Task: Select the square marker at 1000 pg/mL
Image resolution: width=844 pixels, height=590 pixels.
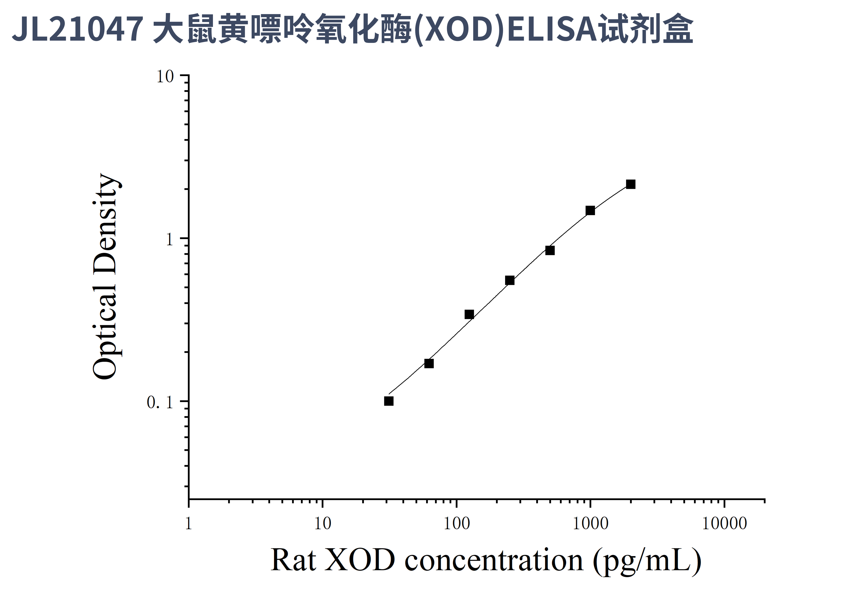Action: [590, 211]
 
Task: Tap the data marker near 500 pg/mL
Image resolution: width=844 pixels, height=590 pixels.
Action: [550, 250]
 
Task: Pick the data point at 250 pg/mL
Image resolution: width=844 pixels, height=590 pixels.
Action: [510, 280]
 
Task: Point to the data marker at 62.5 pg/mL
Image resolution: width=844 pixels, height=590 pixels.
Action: [429, 364]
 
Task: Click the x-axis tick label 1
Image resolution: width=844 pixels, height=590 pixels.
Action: [189, 524]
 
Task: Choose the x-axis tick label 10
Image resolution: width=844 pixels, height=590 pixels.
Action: [323, 524]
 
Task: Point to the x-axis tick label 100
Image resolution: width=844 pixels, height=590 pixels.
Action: [457, 524]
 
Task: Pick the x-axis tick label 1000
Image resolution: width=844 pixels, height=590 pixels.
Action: [590, 524]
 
